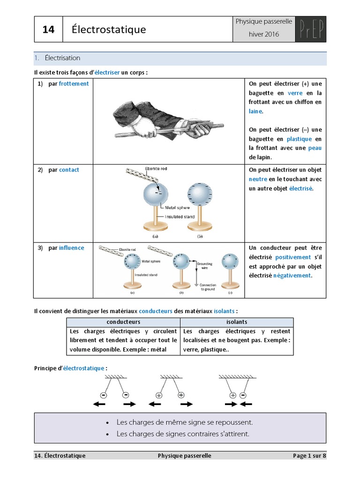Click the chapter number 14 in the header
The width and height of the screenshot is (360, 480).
48,30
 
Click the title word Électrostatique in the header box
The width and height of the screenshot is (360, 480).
109,30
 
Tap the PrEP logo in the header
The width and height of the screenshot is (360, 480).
311,30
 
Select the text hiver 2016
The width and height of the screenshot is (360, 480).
263,34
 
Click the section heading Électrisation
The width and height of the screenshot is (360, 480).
62,58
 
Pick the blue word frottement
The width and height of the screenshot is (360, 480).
74,83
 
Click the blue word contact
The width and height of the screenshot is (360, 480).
69,170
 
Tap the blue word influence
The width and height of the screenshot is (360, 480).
71,247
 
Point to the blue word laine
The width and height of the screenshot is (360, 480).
255,111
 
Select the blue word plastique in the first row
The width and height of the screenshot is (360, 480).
299,139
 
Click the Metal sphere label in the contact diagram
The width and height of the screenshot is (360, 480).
177,208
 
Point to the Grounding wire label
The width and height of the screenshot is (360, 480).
204,265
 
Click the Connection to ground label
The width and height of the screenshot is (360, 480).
208,287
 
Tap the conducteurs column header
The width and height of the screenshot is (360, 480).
123,322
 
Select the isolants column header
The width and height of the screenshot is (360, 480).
237,322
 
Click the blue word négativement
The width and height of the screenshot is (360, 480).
292,276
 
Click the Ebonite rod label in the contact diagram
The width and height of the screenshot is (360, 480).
156,169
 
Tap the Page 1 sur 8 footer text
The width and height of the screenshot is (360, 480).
309,456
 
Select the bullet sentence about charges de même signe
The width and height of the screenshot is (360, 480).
185,422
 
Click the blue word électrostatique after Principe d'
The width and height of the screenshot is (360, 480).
83,368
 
